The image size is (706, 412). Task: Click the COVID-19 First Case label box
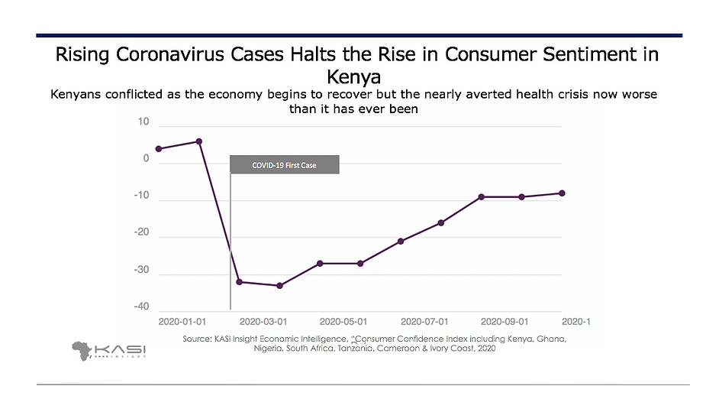tap(284, 165)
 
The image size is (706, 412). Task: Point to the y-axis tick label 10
tap(143, 122)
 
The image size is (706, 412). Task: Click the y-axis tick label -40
tap(141, 307)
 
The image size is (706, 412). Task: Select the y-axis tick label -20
tap(141, 232)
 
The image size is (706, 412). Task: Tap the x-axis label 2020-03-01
tap(264, 322)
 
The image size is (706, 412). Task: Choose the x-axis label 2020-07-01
tap(424, 322)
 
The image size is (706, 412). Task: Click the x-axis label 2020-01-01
tap(182, 322)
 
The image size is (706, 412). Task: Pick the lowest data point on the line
tap(280, 286)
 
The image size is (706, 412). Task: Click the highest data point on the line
tap(199, 141)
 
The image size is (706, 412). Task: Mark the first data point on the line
tap(159, 148)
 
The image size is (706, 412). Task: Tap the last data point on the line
tap(562, 193)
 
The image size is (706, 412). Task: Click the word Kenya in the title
tap(353, 77)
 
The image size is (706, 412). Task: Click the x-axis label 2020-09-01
tap(505, 322)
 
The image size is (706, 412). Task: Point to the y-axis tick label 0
tap(146, 159)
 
